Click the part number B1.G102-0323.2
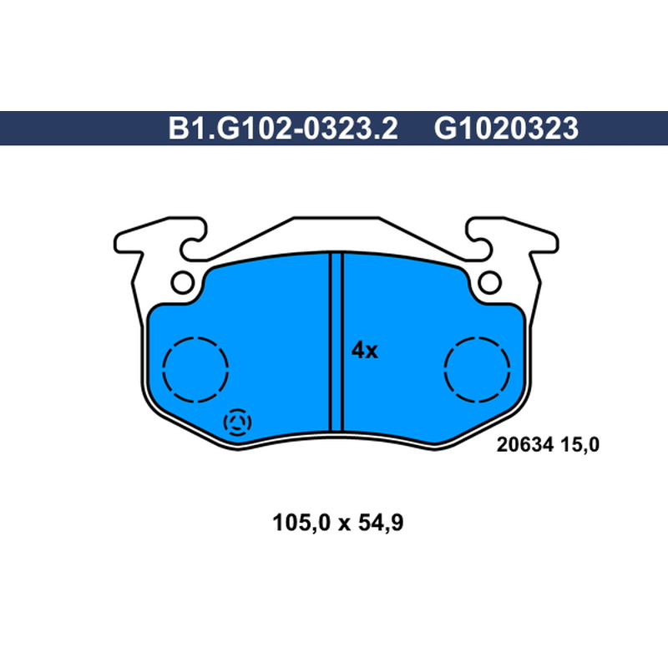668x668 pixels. click(x=283, y=129)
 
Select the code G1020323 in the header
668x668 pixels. click(x=506, y=129)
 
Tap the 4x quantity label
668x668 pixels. click(x=364, y=351)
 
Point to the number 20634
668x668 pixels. click(x=525, y=445)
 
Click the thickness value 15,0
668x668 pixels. click(x=579, y=445)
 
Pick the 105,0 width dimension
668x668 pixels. click(x=301, y=523)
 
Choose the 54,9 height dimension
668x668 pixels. click(x=381, y=523)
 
